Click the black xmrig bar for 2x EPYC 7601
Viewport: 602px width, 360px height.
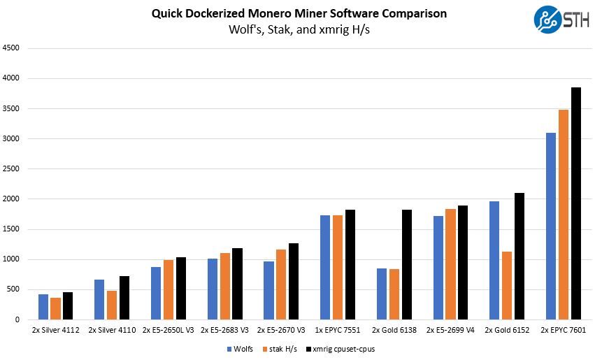576,203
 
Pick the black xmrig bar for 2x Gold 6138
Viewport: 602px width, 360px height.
406,265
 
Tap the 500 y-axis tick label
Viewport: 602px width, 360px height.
14,289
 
